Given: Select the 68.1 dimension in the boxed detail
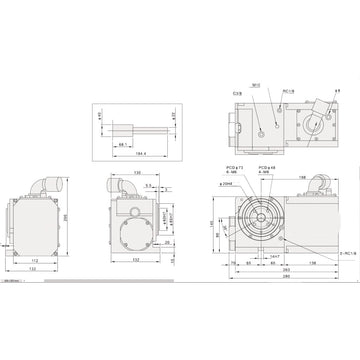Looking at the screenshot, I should pyautogui.click(x=121, y=145).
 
